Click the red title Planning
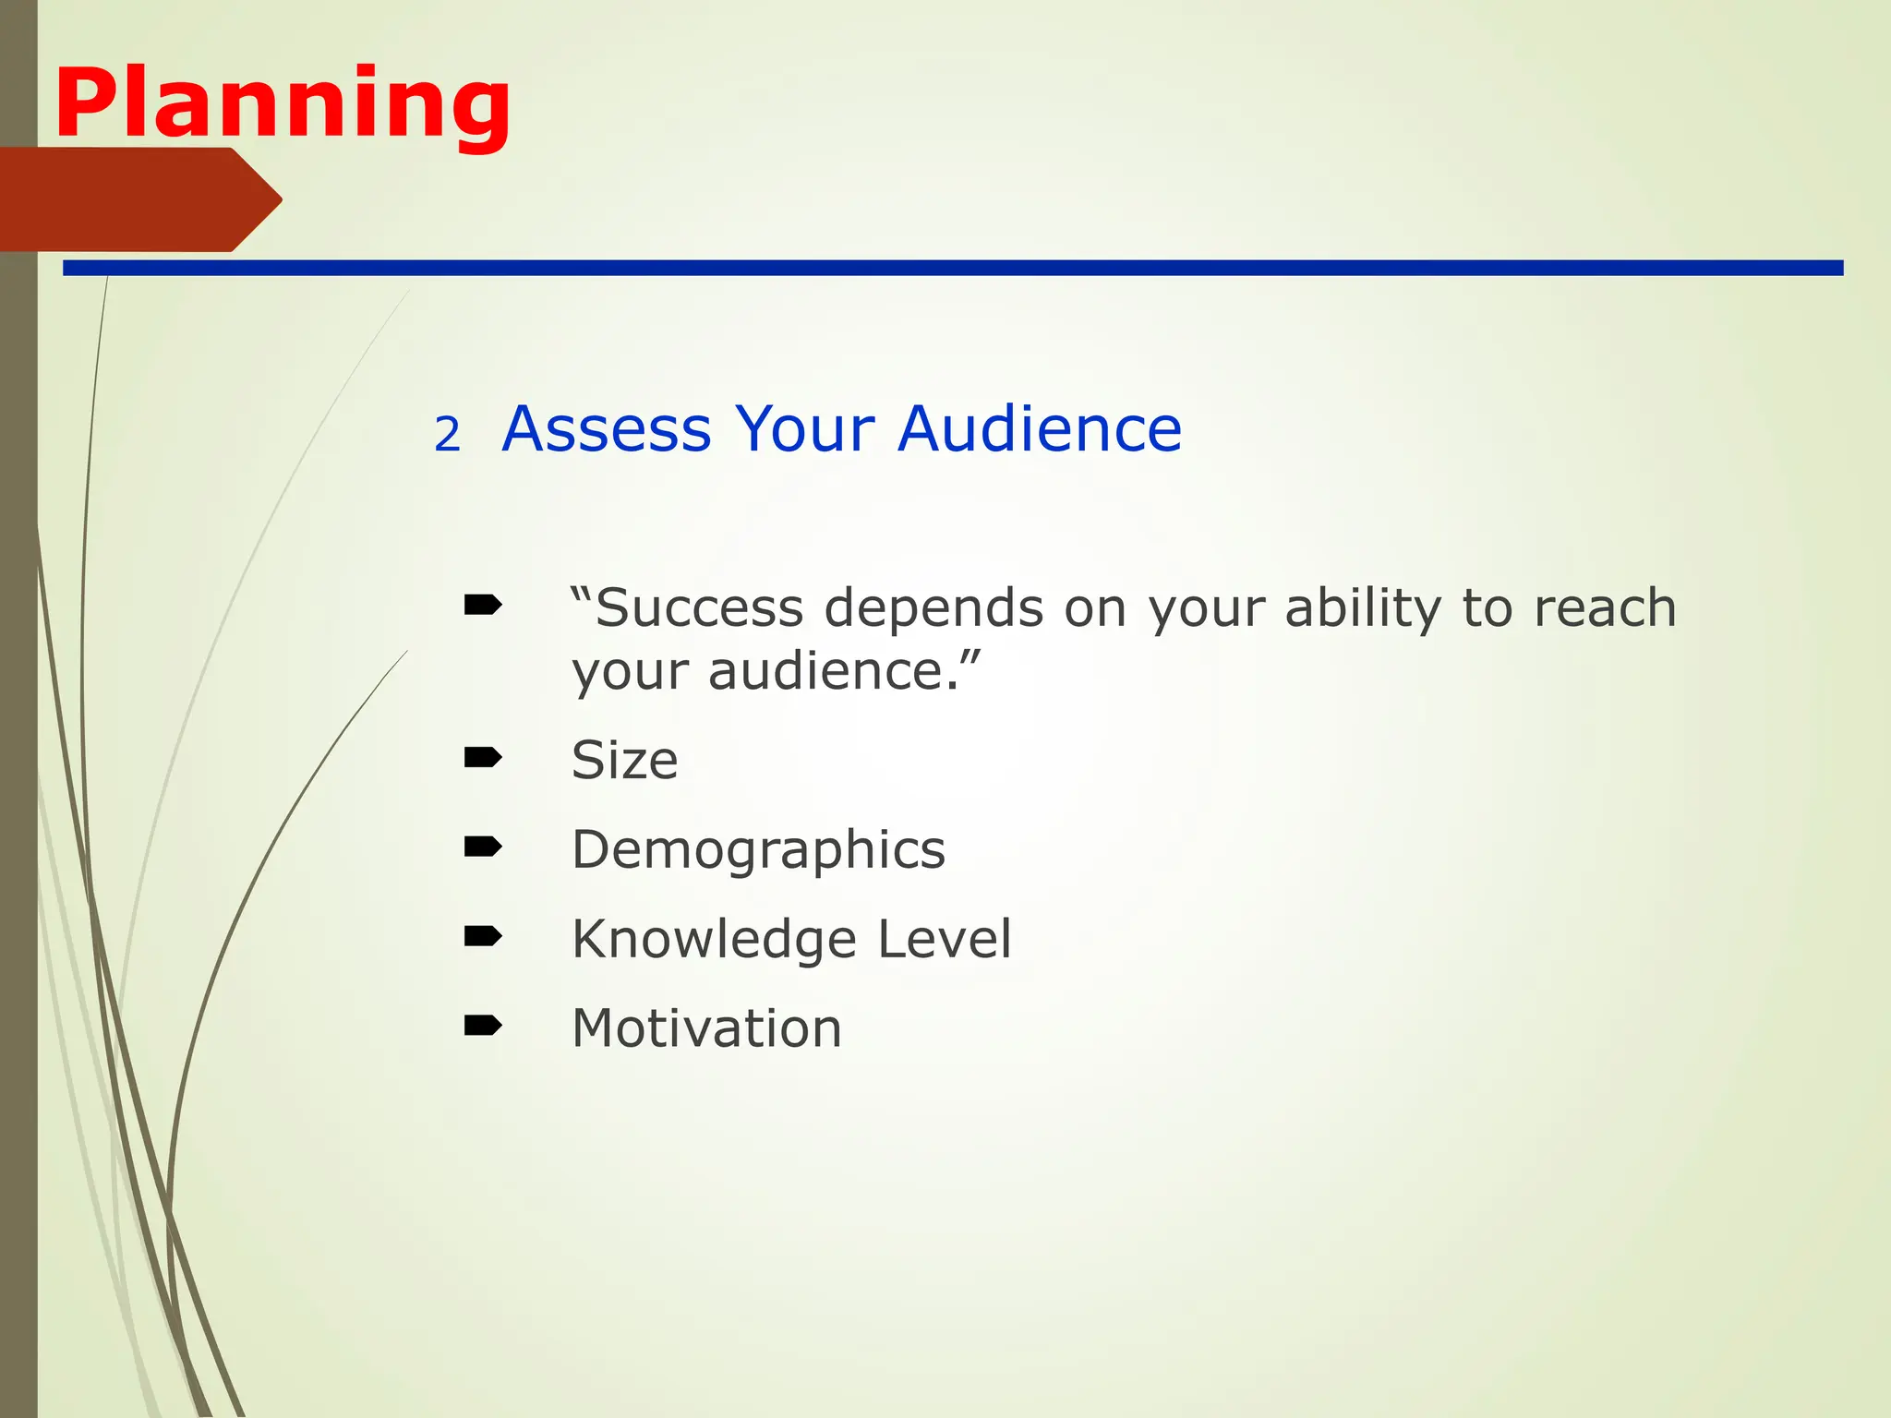(x=283, y=103)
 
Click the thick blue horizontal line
(x=951, y=268)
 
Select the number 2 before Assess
(x=447, y=435)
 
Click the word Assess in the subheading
(x=607, y=429)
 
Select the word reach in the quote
(x=1605, y=608)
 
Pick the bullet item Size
(x=625, y=761)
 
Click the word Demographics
(x=758, y=849)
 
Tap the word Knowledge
(x=715, y=940)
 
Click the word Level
(x=944, y=940)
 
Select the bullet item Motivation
(x=706, y=1028)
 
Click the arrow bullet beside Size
(x=483, y=758)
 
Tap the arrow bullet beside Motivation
(x=483, y=1025)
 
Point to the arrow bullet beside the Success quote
(x=483, y=605)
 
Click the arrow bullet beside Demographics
(x=483, y=847)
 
